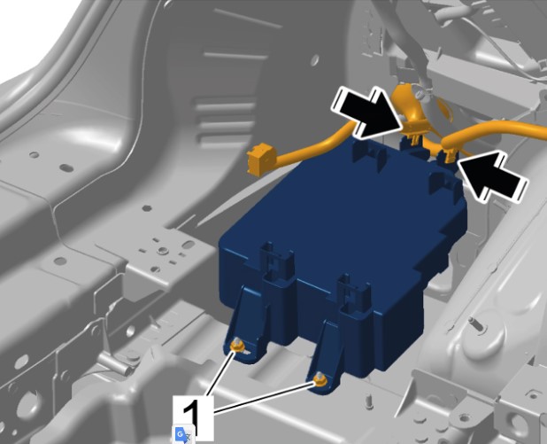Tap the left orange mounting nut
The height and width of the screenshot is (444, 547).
coord(238,345)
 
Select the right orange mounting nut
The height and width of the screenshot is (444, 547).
coord(320,379)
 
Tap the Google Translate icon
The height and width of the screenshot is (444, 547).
coord(183,434)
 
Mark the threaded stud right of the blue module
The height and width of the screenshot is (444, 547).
coord(476,323)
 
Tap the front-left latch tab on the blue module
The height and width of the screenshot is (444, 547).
coord(276,262)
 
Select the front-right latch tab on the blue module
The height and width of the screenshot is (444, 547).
coord(355,292)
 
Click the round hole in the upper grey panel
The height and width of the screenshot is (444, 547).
coord(315,59)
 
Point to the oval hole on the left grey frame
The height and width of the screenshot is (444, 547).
coord(66,168)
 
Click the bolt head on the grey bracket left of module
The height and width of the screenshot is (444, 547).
coord(162,251)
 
